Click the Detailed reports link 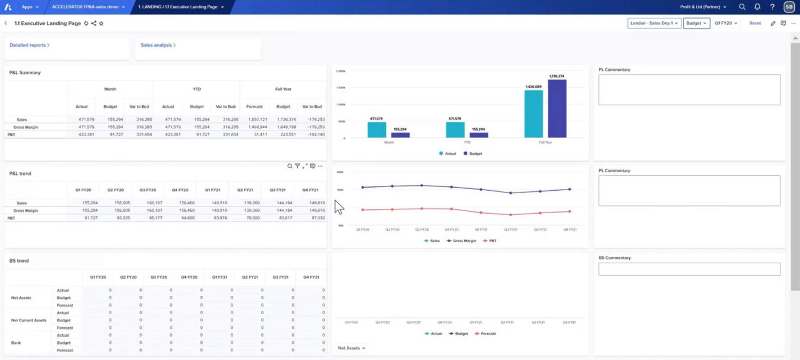(29, 45)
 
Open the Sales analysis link (158, 45)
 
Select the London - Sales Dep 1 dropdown (654, 23)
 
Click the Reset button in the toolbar (755, 23)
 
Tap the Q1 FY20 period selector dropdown (726, 23)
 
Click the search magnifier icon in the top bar (742, 7)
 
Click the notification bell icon (757, 7)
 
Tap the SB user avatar (789, 7)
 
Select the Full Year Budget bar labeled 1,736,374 (557, 108)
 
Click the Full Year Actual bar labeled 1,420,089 (533, 114)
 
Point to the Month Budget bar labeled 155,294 (400, 135)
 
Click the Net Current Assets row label (29, 320)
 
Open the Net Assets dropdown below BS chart (352, 348)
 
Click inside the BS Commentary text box (689, 269)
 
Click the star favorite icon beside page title (101, 23)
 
